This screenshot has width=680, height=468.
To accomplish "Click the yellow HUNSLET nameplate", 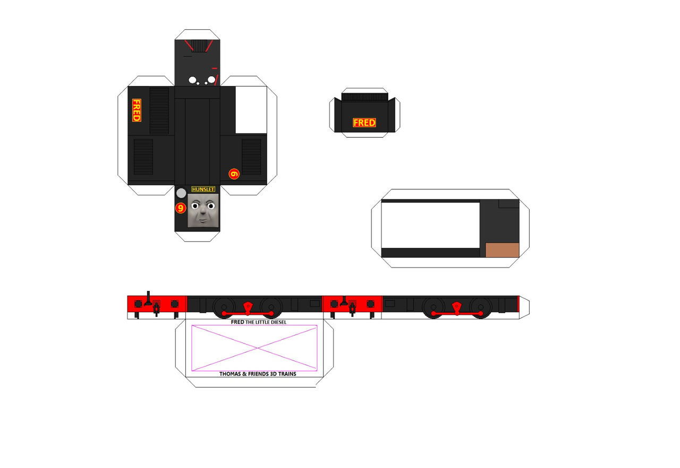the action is (203, 189).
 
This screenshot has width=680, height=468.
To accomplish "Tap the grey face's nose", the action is (202, 211).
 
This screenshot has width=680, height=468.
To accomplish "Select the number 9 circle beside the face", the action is (181, 208).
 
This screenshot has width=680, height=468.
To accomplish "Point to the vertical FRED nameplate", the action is (137, 110).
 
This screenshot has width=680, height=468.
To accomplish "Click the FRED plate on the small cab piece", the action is (364, 122).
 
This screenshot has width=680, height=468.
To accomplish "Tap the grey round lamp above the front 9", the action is (181, 193).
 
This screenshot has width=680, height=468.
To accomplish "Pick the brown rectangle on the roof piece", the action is (503, 250).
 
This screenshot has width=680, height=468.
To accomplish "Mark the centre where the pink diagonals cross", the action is (258, 348).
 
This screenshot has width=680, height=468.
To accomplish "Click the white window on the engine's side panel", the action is (251, 110).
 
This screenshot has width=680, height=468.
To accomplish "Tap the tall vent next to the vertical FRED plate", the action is (159, 111).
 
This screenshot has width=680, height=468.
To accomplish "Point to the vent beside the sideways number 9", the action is (251, 157).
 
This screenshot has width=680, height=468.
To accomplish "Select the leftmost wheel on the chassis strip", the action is (224, 307).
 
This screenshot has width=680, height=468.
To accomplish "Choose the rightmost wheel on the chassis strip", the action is (481, 308).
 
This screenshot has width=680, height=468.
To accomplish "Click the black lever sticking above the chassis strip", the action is (148, 298).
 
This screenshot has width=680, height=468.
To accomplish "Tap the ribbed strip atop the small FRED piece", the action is (364, 97).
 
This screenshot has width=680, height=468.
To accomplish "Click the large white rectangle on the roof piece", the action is (430, 225).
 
